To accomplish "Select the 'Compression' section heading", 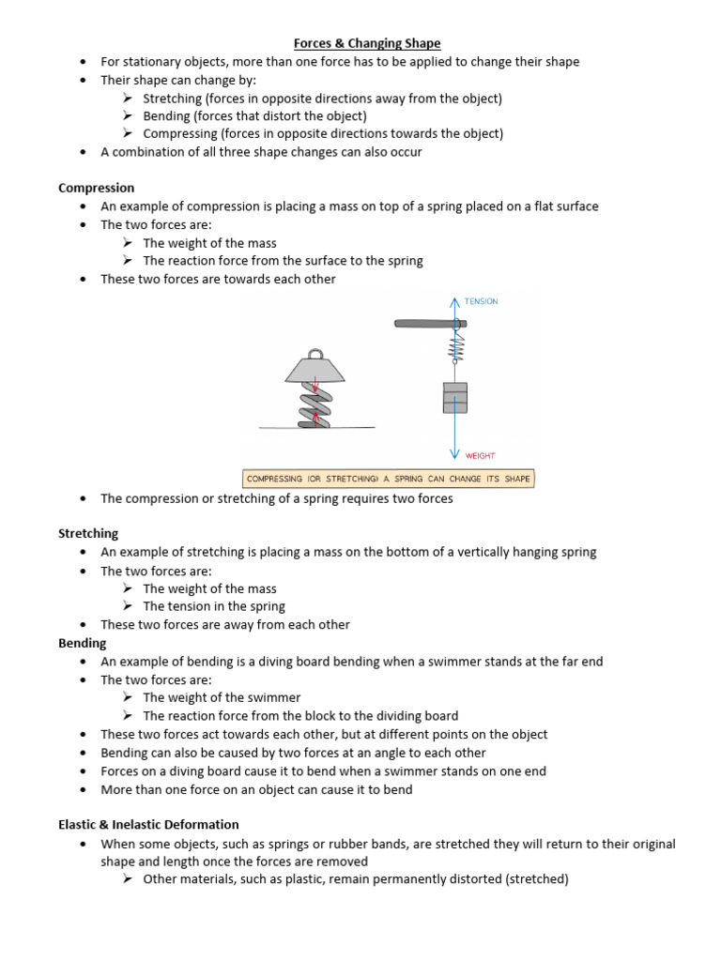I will (97, 188).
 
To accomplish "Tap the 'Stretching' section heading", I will (88, 533).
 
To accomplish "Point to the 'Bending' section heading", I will (83, 643).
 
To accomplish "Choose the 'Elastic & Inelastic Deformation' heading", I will (149, 824).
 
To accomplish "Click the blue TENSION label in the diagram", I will (481, 301).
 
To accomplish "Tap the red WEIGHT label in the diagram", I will (480, 455).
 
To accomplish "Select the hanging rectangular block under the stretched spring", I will (454, 396).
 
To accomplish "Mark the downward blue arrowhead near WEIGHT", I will (455, 454).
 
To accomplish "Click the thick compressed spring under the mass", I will (315, 408).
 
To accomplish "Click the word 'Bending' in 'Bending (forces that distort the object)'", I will (166, 116).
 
